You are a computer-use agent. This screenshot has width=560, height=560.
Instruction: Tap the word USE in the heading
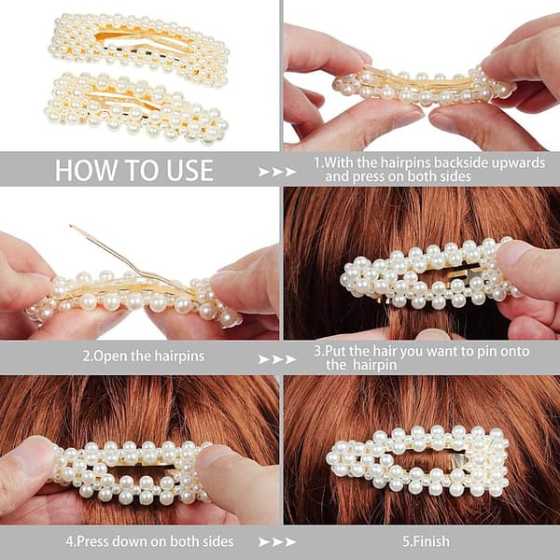190,171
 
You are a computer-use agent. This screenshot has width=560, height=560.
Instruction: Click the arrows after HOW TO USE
277,172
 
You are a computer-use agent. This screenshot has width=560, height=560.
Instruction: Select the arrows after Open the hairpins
277,359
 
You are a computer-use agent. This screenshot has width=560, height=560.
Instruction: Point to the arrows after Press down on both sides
277,541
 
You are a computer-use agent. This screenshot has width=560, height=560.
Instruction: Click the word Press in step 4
92,541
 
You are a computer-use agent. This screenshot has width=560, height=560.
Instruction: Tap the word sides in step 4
217,541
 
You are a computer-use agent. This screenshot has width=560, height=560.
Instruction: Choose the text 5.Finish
427,541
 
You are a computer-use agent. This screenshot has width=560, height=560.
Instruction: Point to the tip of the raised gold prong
71,226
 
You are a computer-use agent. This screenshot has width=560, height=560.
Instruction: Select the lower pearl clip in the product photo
137,107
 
